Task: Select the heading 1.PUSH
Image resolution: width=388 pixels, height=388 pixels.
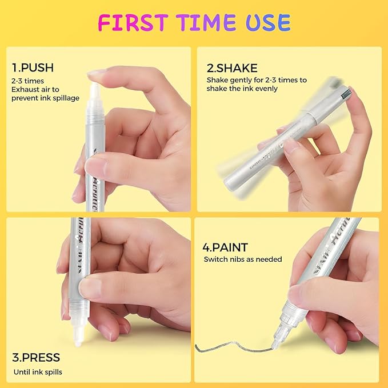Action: click(x=32, y=68)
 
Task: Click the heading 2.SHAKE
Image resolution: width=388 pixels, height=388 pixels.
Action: click(x=232, y=68)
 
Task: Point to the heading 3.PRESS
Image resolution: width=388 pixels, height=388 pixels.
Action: click(x=35, y=358)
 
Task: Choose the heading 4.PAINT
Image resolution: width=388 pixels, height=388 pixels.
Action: click(x=226, y=247)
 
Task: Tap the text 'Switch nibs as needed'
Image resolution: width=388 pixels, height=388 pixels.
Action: click(x=243, y=259)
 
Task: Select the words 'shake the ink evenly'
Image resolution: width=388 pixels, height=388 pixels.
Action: click(x=242, y=89)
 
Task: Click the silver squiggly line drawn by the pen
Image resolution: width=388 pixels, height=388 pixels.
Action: click(x=229, y=347)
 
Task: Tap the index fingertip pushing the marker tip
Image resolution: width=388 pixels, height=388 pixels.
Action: click(x=97, y=74)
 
